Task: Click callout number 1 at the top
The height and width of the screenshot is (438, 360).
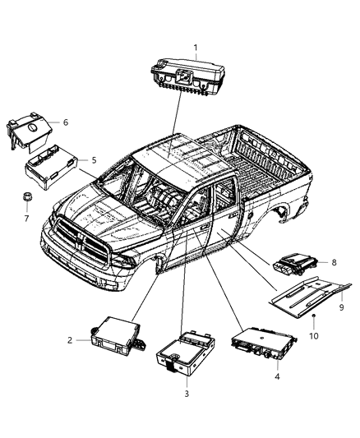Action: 195,47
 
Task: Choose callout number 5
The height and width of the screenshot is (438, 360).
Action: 94,159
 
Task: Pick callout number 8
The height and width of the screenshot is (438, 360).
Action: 334,263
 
